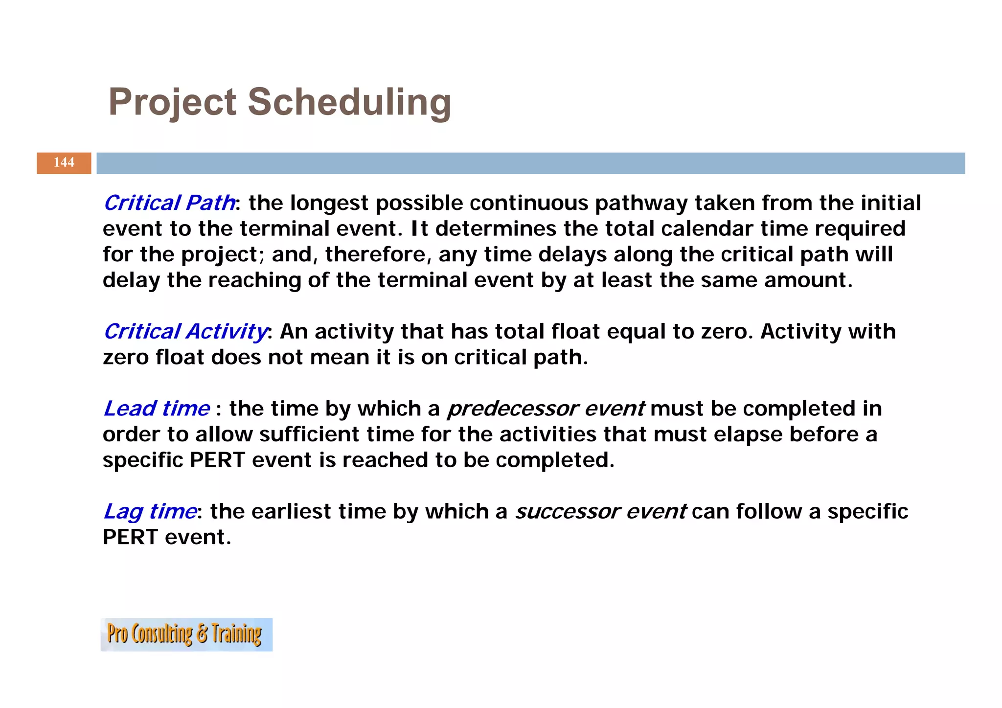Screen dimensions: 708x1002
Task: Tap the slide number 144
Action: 64,162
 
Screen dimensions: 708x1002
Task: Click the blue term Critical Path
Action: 169,203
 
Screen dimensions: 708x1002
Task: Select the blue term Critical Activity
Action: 185,332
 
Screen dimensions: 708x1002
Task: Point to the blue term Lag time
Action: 150,511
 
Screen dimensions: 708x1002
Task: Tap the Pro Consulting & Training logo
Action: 186,634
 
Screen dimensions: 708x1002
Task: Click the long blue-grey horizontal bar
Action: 530,163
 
